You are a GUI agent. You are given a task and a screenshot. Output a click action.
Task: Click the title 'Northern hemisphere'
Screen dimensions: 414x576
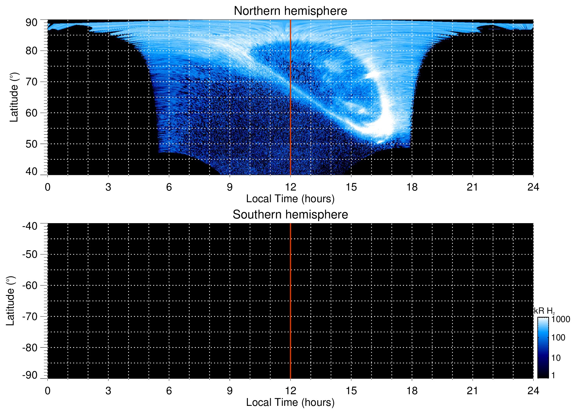pos(290,11)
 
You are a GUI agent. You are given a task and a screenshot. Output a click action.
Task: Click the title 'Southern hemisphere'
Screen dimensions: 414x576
pos(290,215)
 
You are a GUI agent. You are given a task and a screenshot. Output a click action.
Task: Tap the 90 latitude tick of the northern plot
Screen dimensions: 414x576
pos(31,23)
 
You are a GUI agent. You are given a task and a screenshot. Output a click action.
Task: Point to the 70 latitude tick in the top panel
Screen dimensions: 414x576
pos(31,82)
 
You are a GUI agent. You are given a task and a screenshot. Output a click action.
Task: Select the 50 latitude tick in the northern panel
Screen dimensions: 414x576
pos(31,144)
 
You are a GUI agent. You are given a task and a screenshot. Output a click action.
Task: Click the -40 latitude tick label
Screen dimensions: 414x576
pos(30,226)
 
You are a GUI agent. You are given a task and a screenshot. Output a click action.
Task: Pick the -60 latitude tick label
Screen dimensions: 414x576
pos(30,285)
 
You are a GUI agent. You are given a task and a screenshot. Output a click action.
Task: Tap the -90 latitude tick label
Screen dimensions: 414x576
pos(30,375)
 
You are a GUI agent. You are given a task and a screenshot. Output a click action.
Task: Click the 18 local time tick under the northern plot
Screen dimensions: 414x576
pos(412,187)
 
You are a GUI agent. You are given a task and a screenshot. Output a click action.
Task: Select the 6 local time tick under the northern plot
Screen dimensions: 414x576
pos(169,187)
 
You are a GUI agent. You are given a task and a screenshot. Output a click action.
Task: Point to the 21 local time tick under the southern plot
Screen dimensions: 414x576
pos(472,391)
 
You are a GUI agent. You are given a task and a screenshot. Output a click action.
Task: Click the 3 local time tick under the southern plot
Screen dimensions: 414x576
pos(108,391)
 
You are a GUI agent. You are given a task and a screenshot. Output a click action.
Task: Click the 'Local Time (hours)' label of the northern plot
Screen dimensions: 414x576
pos(290,199)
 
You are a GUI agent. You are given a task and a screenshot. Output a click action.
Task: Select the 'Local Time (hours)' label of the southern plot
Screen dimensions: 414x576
pos(290,402)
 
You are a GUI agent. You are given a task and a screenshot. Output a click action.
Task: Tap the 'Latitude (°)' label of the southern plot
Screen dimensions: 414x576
pos(10,301)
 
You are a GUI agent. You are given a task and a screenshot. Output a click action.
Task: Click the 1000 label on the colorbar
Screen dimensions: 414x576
pos(561,319)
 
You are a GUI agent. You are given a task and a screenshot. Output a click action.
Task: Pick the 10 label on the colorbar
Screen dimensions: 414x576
pos(556,358)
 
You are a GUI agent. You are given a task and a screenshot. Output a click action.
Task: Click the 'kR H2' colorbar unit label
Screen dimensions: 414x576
pos(544,311)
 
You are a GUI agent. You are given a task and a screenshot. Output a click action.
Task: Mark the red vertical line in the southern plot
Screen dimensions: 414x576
pos(290,301)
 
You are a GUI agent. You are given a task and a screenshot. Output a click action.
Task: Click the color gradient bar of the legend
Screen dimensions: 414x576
pos(543,347)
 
